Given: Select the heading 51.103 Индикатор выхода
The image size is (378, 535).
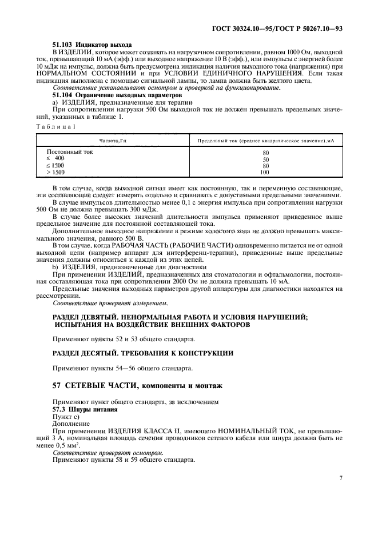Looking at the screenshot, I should (x=92, y=44).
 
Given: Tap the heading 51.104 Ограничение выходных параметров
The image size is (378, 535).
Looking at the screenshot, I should (x=117, y=95).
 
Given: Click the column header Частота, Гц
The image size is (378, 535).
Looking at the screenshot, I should (x=112, y=140).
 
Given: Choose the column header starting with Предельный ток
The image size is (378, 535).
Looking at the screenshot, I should (x=265, y=140).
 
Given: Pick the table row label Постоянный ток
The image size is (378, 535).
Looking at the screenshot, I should (x=69, y=153).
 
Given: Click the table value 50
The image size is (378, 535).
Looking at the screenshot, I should (x=265, y=159).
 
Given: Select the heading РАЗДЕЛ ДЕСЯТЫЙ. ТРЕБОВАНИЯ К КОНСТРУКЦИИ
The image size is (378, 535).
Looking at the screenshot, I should (x=143, y=353).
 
